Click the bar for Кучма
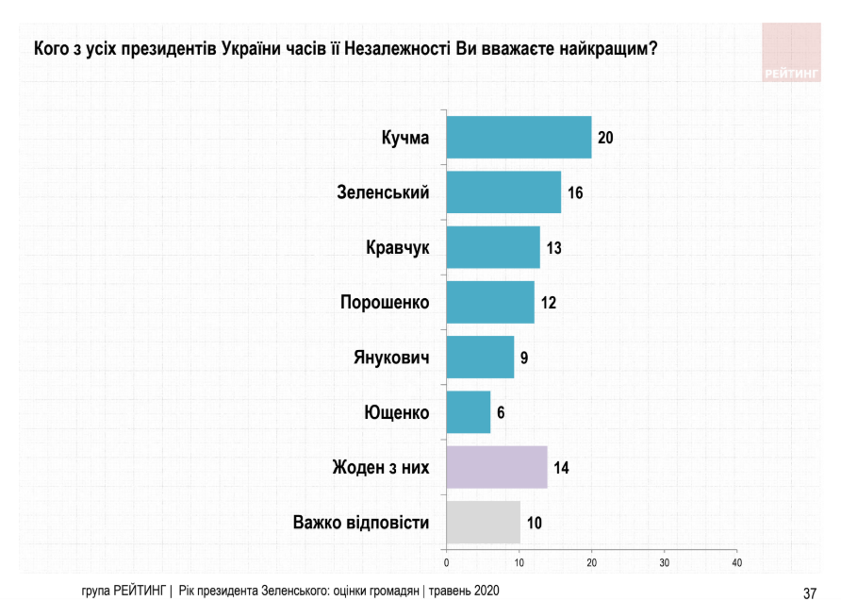[519, 138]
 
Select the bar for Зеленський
[503, 192]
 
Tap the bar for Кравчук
[493, 247]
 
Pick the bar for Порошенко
[489, 302]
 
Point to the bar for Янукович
[480, 357]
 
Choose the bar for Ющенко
[469, 412]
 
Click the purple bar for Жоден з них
[497, 467]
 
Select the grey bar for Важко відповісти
[483, 522]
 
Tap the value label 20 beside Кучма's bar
[605, 139]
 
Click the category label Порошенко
[385, 303]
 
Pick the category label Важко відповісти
[361, 522]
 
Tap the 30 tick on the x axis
[664, 563]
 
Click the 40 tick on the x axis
[737, 563]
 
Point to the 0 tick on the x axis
[446, 563]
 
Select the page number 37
[809, 592]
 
